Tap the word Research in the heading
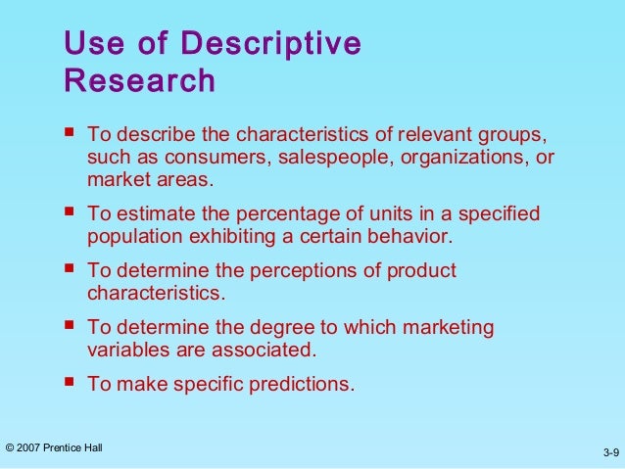139,81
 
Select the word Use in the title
87,44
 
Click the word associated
268,350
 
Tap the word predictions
300,384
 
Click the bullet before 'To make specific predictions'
68,383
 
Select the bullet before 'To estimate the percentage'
68,212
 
